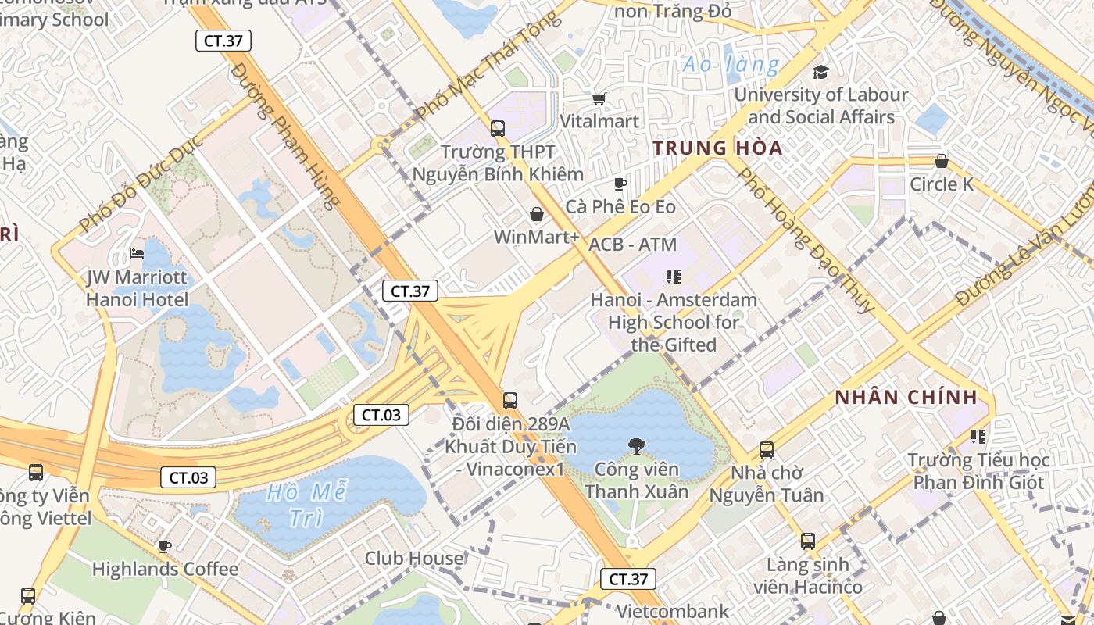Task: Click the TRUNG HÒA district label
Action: pyautogui.click(x=717, y=148)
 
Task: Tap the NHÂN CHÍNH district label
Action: pyautogui.click(x=906, y=397)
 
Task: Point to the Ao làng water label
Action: pyautogui.click(x=731, y=64)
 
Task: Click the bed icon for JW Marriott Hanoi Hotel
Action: pyautogui.click(x=137, y=254)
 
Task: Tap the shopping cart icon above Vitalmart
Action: pyautogui.click(x=599, y=98)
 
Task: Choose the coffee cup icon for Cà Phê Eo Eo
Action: pyautogui.click(x=620, y=184)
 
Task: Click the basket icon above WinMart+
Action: pyautogui.click(x=537, y=213)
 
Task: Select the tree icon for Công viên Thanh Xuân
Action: pyautogui.click(x=637, y=446)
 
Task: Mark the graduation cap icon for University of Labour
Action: pyautogui.click(x=820, y=73)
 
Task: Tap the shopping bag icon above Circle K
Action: pyautogui.click(x=942, y=161)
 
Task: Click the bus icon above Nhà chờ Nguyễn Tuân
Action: pyautogui.click(x=767, y=450)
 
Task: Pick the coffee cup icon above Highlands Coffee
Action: pyautogui.click(x=165, y=545)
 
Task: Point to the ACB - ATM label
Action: pyautogui.click(x=632, y=245)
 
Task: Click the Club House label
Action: pyautogui.click(x=414, y=559)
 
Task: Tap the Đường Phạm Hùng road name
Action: pyautogui.click(x=286, y=137)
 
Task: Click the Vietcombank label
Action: pyautogui.click(x=673, y=611)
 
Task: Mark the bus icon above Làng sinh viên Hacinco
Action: pyautogui.click(x=808, y=541)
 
